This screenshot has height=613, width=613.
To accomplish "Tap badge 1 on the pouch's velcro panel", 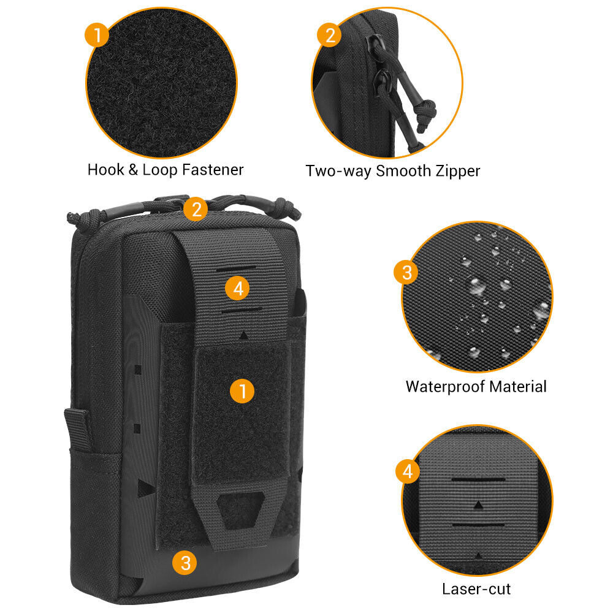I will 243,390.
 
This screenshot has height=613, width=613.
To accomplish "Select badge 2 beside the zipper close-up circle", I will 329,34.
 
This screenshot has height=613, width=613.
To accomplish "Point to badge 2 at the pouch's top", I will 196,209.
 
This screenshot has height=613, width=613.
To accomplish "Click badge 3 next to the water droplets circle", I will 407,272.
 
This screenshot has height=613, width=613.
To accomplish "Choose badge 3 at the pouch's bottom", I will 185,562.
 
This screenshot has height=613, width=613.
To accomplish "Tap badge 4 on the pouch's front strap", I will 238,289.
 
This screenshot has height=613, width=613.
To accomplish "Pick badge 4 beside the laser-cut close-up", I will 408,471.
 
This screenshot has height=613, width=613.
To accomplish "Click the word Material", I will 517,387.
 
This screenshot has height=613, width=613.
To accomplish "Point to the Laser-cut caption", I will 476,589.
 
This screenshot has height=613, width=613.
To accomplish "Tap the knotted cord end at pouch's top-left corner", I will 74,216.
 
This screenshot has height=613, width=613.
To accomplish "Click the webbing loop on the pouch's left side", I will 77,429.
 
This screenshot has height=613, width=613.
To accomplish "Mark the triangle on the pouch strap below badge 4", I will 244,336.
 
